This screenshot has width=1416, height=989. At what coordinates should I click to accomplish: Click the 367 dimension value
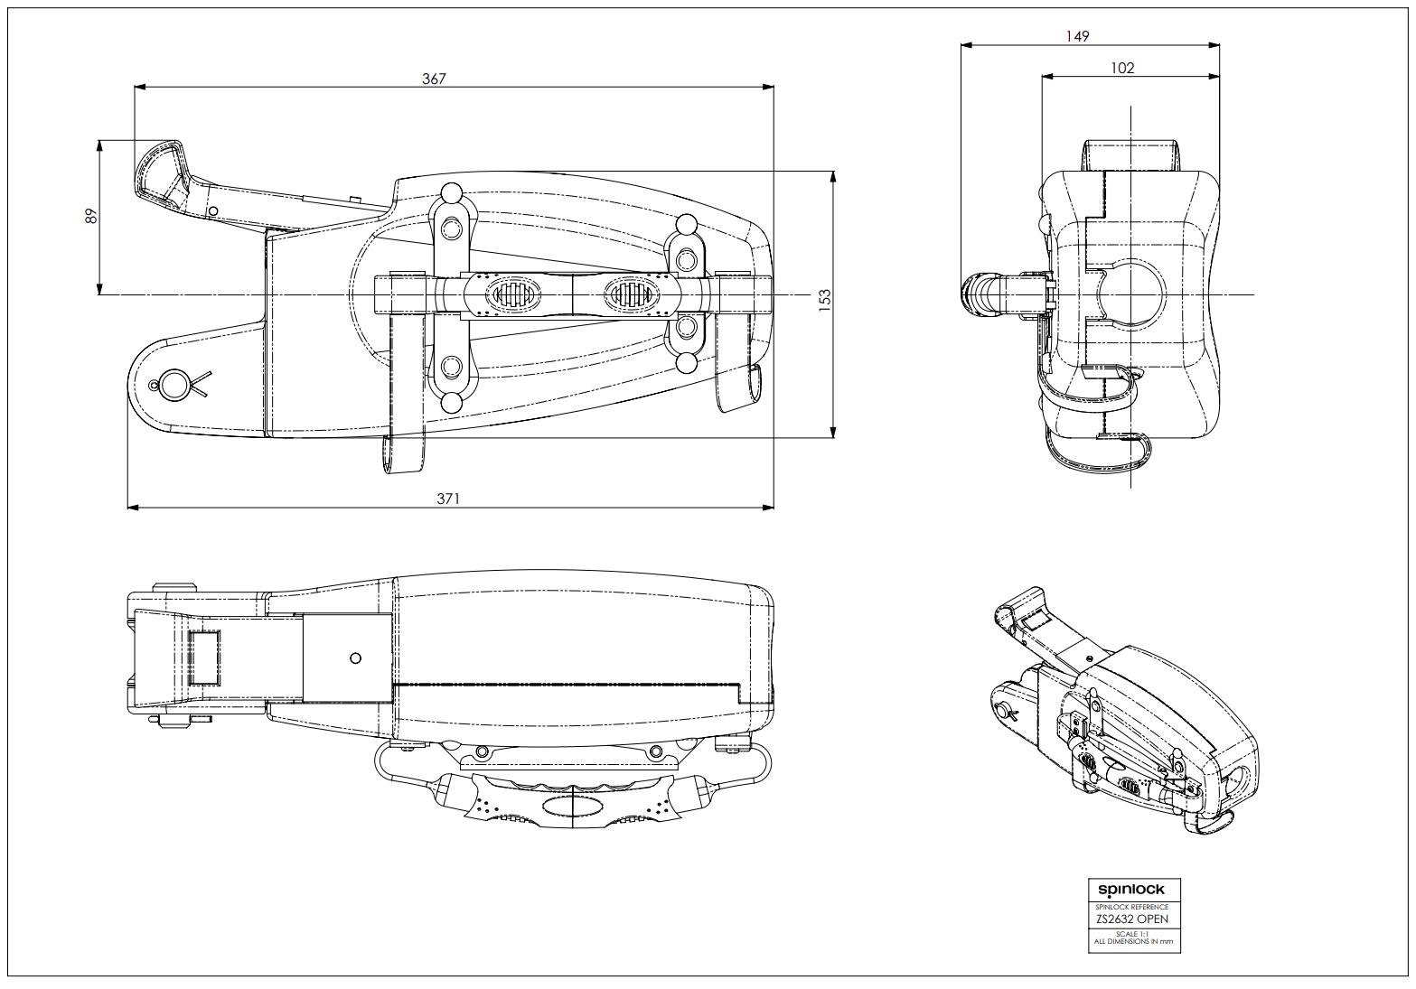434,79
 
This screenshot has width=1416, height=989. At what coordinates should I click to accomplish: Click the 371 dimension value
448,499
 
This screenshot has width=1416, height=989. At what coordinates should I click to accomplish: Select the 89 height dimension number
90,217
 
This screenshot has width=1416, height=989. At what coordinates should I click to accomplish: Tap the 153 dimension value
825,301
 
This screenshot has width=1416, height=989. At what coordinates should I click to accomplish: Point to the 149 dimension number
1077,36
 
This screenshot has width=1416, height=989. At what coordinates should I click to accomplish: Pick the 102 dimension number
1122,68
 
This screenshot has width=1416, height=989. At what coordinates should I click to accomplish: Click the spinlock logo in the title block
1131,891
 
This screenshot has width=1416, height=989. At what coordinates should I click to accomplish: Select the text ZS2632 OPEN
1132,919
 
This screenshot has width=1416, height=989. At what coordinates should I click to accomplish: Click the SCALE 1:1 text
1132,934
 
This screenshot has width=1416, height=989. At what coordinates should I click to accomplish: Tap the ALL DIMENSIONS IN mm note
1133,942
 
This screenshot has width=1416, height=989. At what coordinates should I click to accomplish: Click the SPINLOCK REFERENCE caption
1132,907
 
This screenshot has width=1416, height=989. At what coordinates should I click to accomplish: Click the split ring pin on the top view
173,385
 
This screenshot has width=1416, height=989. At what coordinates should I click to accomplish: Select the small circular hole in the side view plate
355,658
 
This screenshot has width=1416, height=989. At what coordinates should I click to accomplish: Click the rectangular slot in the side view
203,657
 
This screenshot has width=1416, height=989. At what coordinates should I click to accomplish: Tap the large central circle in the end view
1130,294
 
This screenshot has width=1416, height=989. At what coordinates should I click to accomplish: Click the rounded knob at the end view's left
976,295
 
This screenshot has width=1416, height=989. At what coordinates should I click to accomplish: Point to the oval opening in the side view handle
572,805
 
